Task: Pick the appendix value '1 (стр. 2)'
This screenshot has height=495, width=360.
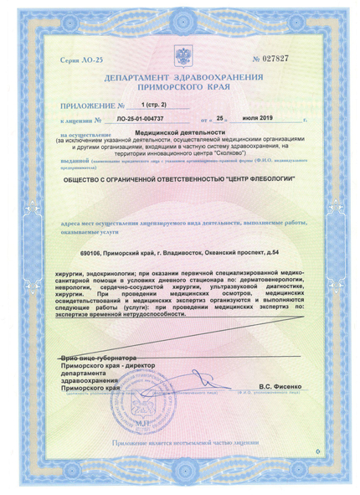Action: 155,105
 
